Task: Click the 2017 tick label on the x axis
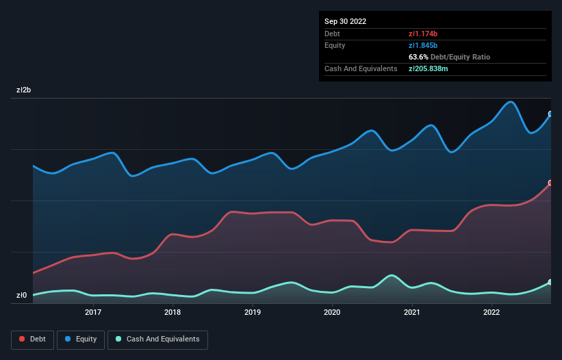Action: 93,312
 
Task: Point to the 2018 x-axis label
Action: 173,312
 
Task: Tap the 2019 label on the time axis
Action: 253,312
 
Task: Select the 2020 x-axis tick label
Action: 332,312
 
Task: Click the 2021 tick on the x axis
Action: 411,312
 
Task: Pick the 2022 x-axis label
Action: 491,312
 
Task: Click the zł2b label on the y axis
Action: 24,90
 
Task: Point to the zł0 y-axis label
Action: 21,296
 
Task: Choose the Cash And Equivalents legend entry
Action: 157,339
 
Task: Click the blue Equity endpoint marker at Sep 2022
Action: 550,114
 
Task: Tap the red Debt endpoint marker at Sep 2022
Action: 550,183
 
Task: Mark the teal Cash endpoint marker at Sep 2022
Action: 550,282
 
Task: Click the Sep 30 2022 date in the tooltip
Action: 345,21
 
